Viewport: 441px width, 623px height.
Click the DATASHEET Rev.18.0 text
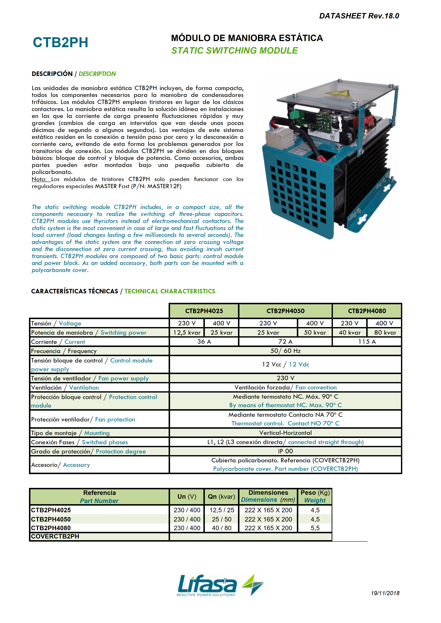[359, 16]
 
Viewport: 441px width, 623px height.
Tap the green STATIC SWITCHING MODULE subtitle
[235, 50]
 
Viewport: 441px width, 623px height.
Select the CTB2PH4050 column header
[285, 311]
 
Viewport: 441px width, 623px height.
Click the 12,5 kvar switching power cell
[187, 333]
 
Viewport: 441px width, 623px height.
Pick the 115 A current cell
[367, 342]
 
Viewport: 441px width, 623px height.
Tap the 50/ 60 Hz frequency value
[285, 351]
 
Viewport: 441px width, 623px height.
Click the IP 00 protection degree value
[285, 451]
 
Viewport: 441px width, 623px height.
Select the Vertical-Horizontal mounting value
[285, 433]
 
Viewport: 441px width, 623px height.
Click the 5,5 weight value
[315, 528]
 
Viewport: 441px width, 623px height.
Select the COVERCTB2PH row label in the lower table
[55, 537]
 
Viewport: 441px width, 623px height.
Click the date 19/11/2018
[385, 593]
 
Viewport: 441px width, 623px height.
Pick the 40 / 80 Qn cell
[221, 528]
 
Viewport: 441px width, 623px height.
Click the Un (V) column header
[187, 497]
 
